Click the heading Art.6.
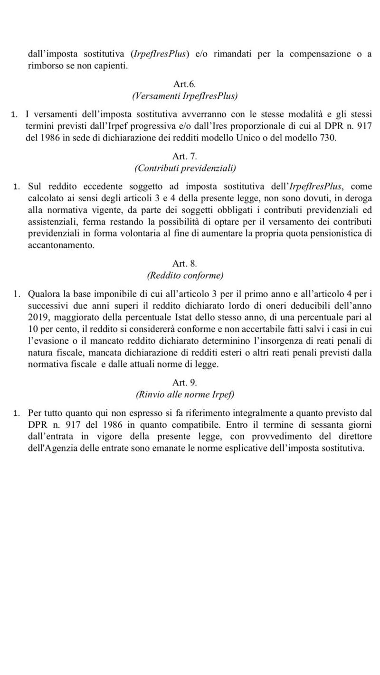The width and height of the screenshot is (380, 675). [x=185, y=84]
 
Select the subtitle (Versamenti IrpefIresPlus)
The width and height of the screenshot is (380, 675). [x=185, y=96]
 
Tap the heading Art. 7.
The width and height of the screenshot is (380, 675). [x=185, y=156]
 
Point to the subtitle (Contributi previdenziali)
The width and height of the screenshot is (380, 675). [x=185, y=168]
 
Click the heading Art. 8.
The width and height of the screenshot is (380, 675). [x=185, y=263]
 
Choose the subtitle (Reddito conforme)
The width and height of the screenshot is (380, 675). [x=185, y=275]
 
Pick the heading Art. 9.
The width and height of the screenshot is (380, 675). [x=185, y=383]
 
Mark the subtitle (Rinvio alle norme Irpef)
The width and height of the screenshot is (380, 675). [x=185, y=394]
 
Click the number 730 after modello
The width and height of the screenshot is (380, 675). [x=328, y=138]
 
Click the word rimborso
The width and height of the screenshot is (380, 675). [x=43, y=66]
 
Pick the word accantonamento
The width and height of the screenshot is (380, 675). [x=61, y=245]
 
